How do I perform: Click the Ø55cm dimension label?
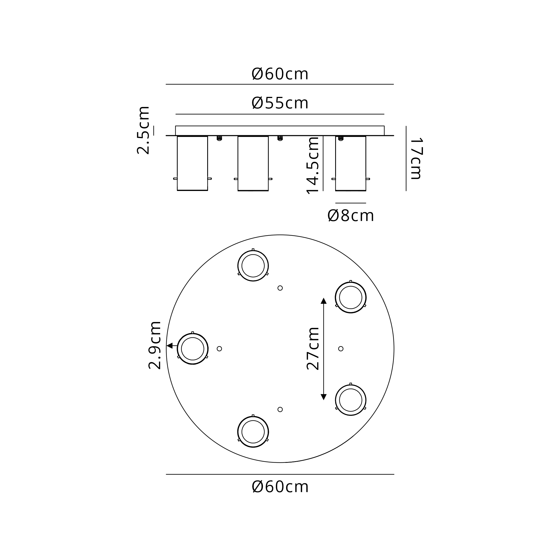click(x=280, y=103)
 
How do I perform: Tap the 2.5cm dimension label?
click(x=143, y=130)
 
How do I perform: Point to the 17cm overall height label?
click(x=416, y=158)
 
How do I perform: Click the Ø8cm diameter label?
click(x=351, y=216)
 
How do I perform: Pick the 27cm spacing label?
click(x=313, y=349)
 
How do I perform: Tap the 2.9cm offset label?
click(x=155, y=345)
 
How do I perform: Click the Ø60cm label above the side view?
click(x=280, y=74)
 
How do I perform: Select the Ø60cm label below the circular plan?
click(x=280, y=487)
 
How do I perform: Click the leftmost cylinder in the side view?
click(x=192, y=163)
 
